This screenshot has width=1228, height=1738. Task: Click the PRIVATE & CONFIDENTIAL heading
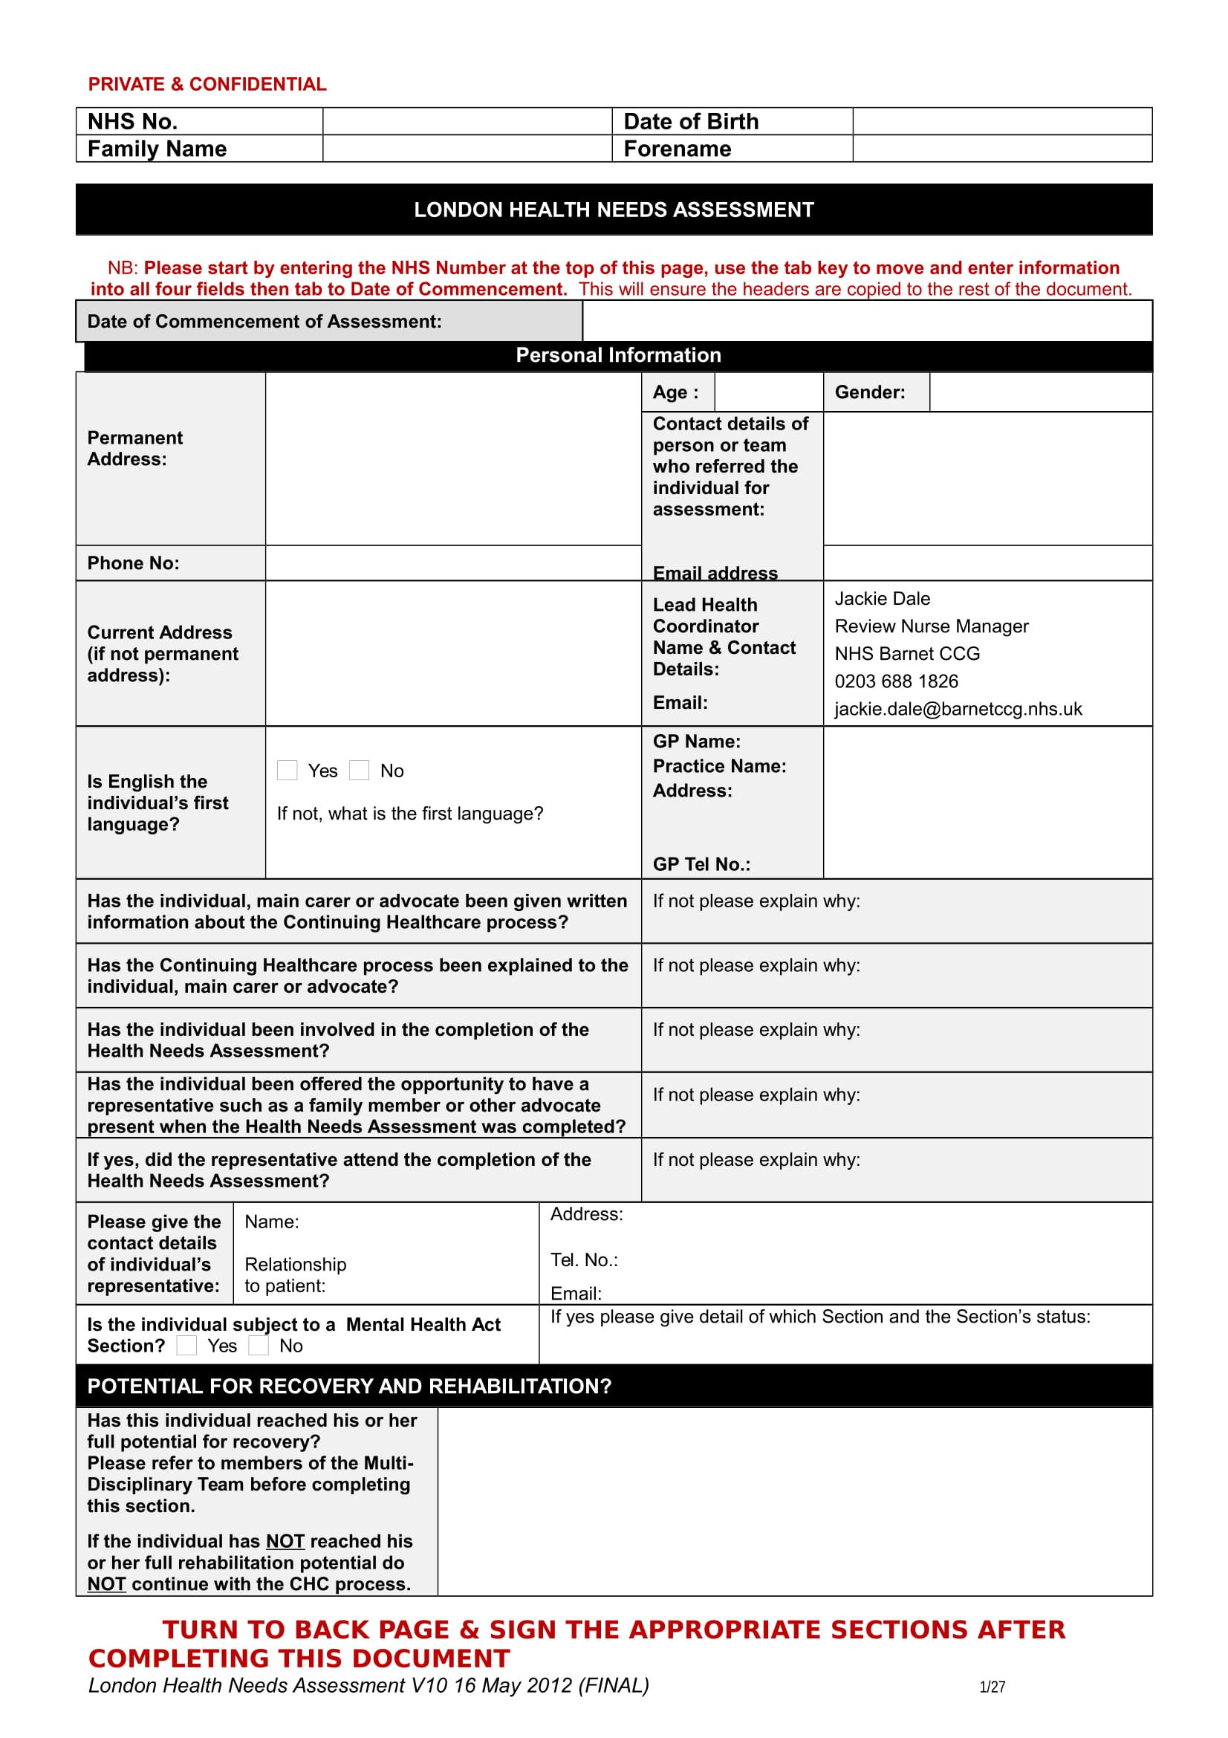click(x=207, y=84)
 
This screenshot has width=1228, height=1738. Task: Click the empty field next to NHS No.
click(x=466, y=121)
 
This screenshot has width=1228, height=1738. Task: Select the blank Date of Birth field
click(x=1001, y=121)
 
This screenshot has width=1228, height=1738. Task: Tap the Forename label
click(x=677, y=149)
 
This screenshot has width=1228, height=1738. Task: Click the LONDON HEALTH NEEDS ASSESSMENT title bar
click(x=614, y=210)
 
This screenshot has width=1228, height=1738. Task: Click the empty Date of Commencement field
click(x=866, y=321)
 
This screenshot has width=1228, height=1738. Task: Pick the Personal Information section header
click(x=617, y=355)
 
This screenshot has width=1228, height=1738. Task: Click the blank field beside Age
click(x=768, y=392)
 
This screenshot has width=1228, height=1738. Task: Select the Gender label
click(x=869, y=392)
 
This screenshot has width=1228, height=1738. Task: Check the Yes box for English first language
click(x=287, y=770)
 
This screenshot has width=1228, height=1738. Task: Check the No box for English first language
click(x=360, y=770)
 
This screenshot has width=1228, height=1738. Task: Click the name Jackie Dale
click(x=882, y=599)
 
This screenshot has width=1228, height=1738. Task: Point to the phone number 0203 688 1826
click(x=896, y=681)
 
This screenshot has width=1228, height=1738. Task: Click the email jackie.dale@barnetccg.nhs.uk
click(x=957, y=709)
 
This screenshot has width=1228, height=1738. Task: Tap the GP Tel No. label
click(x=701, y=863)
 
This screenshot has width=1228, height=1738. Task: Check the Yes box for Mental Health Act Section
click(x=187, y=1345)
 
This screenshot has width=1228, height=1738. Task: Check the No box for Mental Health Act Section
click(x=259, y=1345)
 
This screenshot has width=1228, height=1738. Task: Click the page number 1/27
click(x=991, y=1687)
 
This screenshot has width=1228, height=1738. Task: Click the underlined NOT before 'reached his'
click(x=285, y=1541)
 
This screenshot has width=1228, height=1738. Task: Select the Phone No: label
click(x=133, y=563)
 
